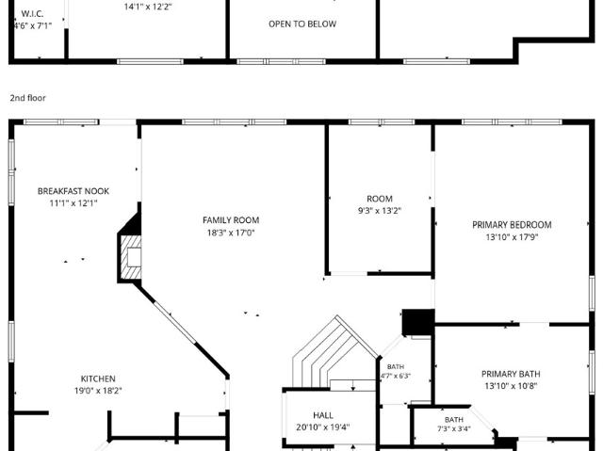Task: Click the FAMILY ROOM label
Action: (x=231, y=220)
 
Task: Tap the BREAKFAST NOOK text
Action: (x=73, y=191)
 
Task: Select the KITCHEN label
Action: (x=98, y=379)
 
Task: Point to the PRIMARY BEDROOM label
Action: (x=512, y=225)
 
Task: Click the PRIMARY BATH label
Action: (x=511, y=374)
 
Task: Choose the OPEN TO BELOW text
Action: (x=302, y=24)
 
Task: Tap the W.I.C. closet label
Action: (x=32, y=13)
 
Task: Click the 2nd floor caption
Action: (x=27, y=98)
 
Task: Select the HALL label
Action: (x=323, y=415)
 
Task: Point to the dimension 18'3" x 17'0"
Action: (x=231, y=233)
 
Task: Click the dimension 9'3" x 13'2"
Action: (x=380, y=211)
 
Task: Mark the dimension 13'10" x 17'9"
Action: (x=512, y=237)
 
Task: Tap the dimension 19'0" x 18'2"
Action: (x=98, y=391)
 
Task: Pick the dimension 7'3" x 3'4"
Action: (x=454, y=428)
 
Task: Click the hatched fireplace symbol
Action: (x=131, y=257)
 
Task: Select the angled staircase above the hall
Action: (x=334, y=354)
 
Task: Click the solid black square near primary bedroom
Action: (x=418, y=322)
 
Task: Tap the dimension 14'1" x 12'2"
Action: (x=148, y=7)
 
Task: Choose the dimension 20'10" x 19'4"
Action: (x=323, y=427)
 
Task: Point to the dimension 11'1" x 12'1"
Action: (x=73, y=202)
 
